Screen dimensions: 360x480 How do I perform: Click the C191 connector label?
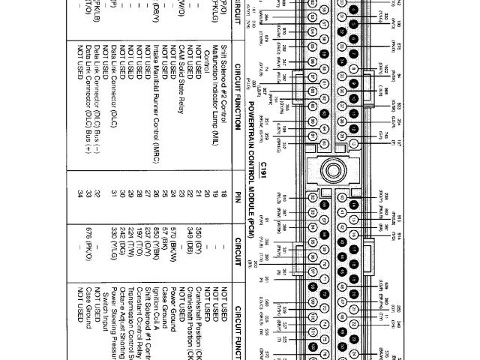point(263,166)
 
